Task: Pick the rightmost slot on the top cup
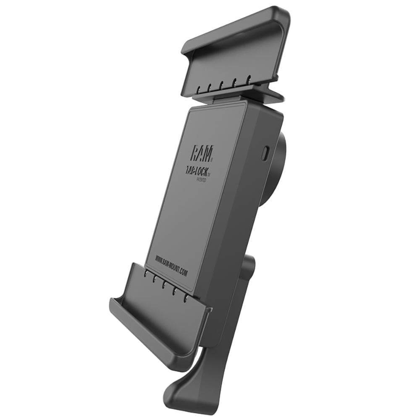pos(249,78)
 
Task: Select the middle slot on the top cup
pos(221,84)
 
